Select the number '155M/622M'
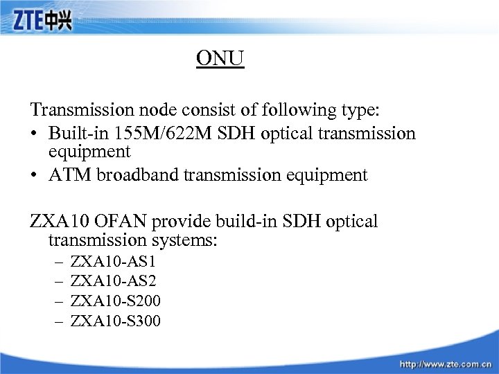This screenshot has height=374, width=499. point(148,133)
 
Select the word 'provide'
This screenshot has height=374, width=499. point(184,222)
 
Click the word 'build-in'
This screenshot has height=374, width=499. point(247,222)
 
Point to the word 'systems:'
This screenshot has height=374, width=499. point(185,240)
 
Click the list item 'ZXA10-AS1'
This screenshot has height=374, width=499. point(114,262)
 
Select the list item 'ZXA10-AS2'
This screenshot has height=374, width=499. point(114,282)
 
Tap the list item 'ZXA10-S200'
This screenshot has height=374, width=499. point(116,301)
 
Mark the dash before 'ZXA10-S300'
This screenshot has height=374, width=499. point(59,321)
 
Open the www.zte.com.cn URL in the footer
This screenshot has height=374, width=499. point(446,363)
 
